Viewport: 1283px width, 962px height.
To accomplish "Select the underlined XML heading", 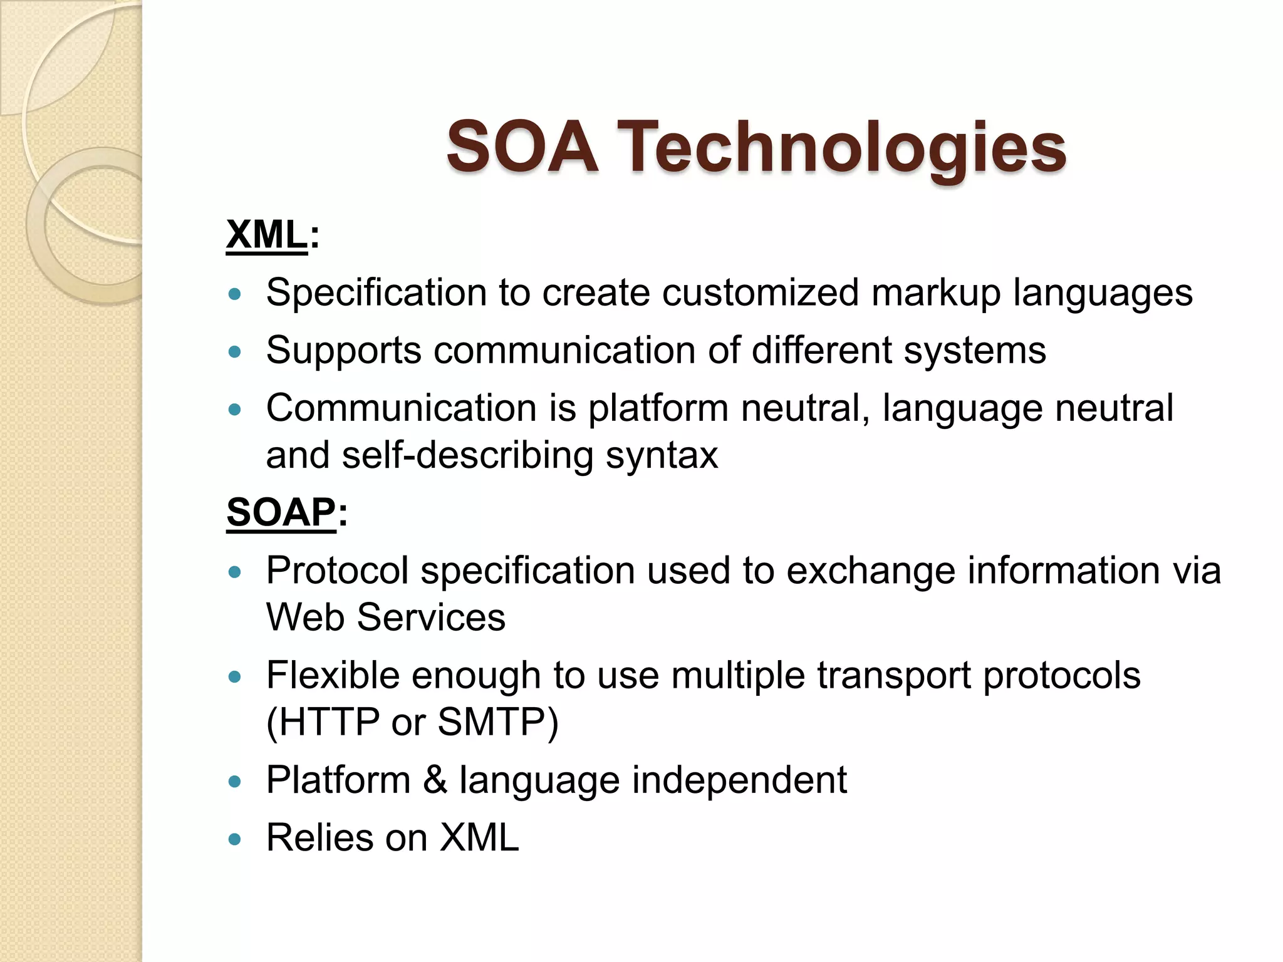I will [267, 235].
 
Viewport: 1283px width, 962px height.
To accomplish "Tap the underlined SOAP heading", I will [281, 512].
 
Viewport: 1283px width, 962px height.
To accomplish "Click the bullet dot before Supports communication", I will [235, 351].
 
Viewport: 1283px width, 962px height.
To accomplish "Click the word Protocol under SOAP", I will [336, 571].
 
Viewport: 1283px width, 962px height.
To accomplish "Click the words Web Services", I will [385, 618].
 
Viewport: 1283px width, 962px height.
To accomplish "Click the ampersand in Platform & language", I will [435, 780].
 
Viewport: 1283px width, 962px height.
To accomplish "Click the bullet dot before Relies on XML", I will [235, 839].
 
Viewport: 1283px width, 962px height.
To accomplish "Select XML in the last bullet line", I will [479, 838].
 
